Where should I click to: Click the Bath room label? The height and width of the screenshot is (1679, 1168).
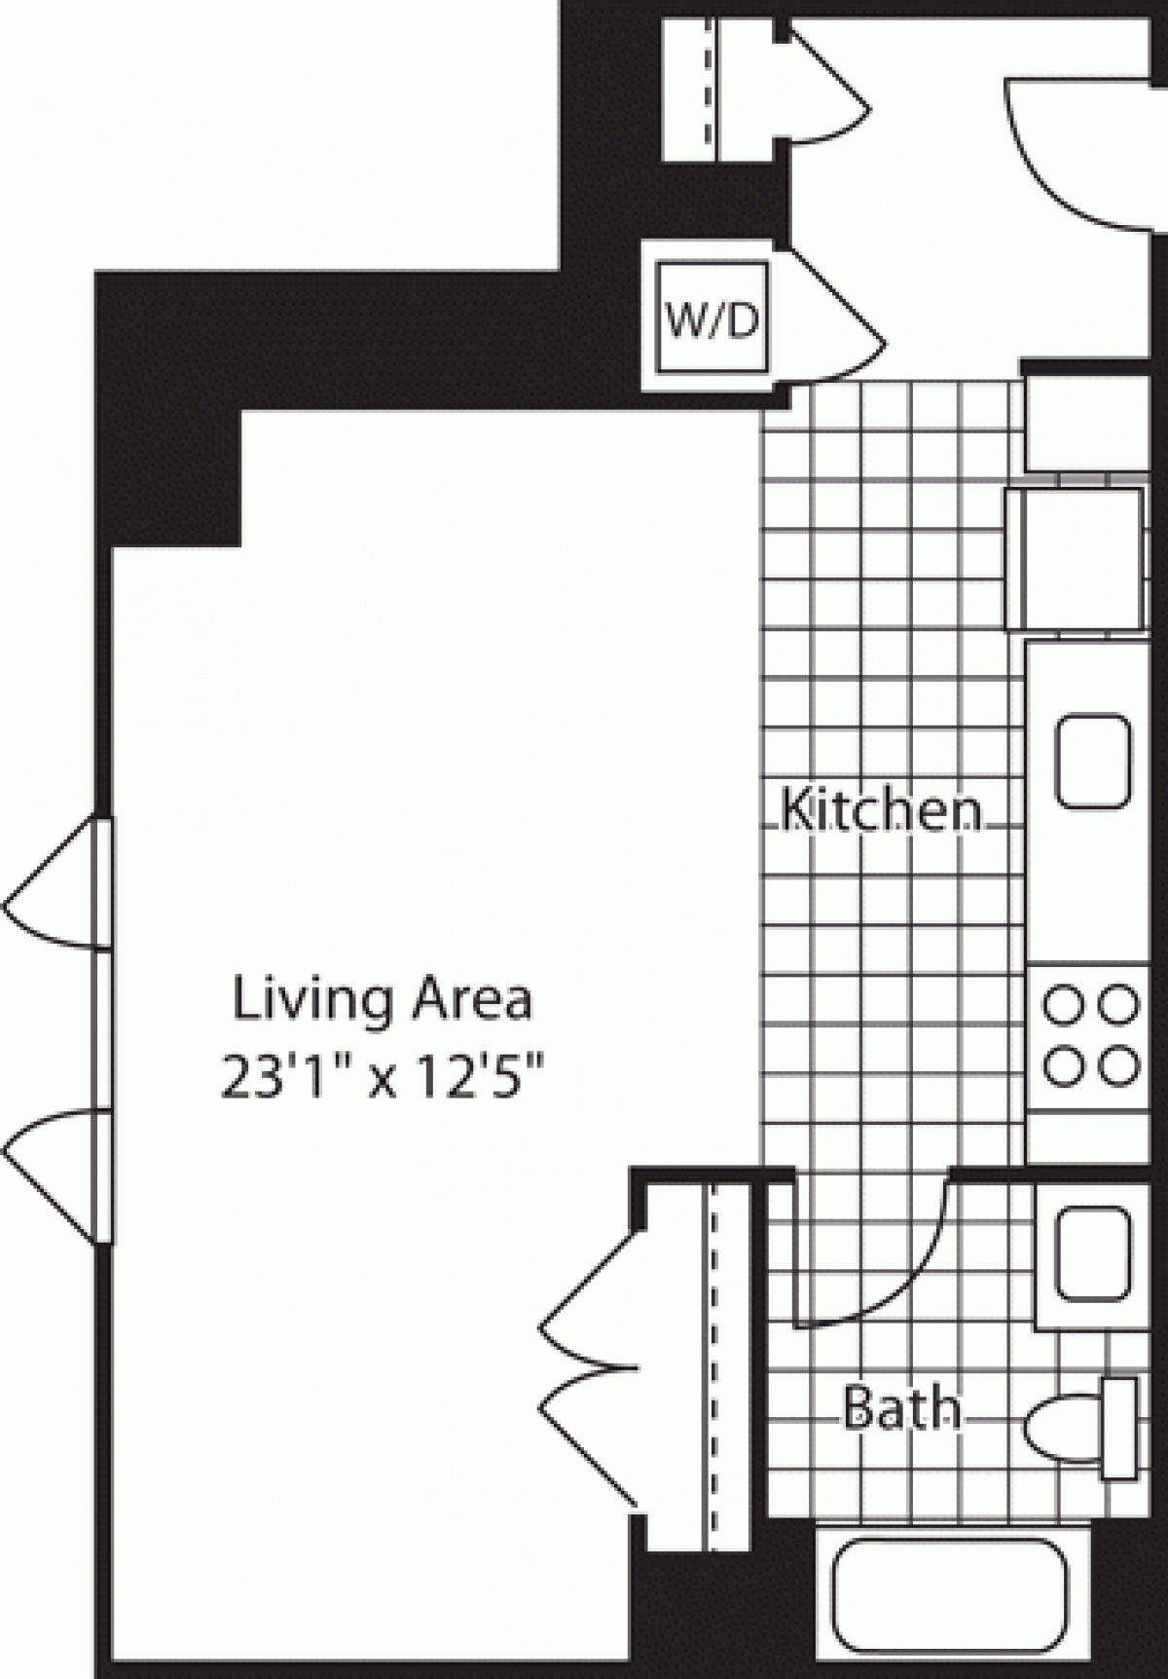pyautogui.click(x=900, y=1408)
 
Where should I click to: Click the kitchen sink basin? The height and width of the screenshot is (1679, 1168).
pyautogui.click(x=1094, y=762)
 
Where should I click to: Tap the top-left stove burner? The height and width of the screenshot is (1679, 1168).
pyautogui.click(x=1063, y=1003)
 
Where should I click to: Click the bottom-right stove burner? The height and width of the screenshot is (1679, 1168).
pyautogui.click(x=1119, y=1064)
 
